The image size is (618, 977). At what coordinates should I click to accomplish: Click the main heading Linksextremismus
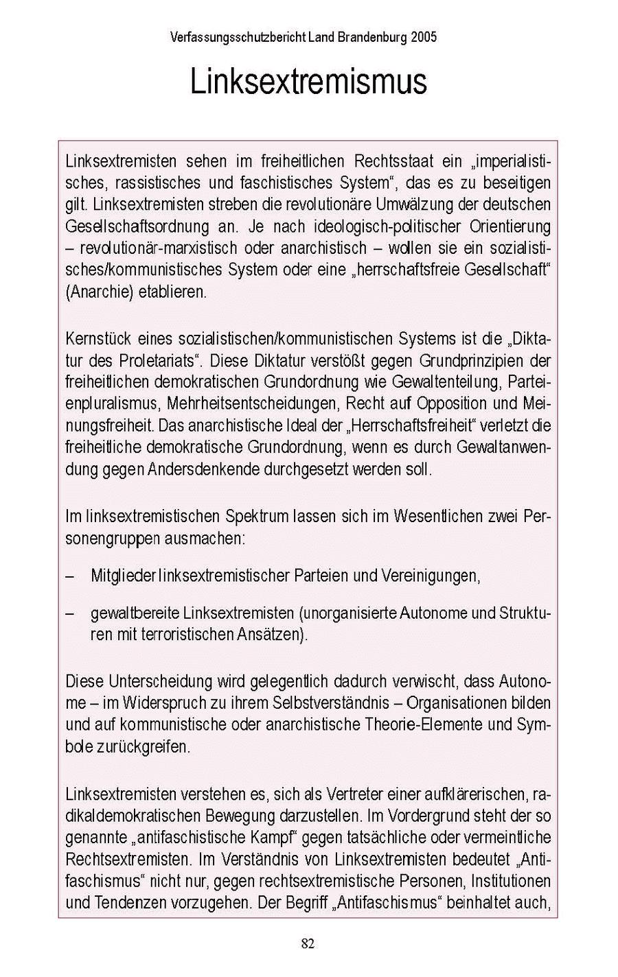pyautogui.click(x=308, y=82)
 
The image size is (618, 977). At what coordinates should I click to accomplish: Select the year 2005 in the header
pyautogui.click(x=424, y=37)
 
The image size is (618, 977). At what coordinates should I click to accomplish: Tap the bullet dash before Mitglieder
pyautogui.click(x=70, y=576)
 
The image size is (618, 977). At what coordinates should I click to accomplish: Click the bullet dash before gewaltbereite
pyautogui.click(x=70, y=613)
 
